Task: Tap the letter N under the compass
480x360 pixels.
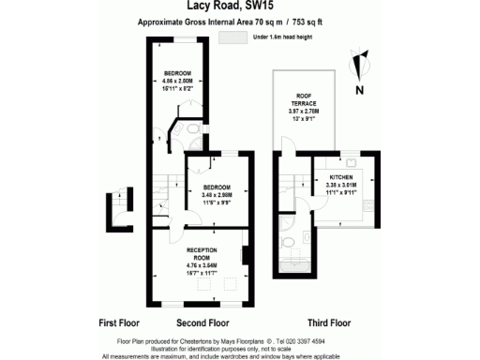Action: pyautogui.click(x=359, y=90)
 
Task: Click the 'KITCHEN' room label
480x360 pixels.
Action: pyautogui.click(x=340, y=176)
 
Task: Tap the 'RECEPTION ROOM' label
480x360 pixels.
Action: pyautogui.click(x=202, y=252)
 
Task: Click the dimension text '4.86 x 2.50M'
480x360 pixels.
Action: pyautogui.click(x=177, y=82)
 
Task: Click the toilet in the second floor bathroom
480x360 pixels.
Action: pyautogui.click(x=188, y=130)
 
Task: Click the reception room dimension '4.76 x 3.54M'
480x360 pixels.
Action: pyautogui.click(x=202, y=265)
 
